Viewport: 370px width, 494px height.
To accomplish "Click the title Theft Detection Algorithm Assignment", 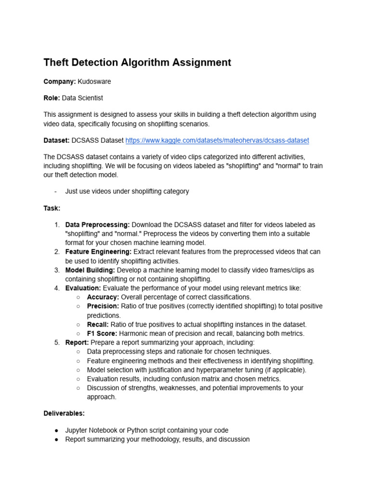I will coord(137,62).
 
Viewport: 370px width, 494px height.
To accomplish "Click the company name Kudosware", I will coord(94,82).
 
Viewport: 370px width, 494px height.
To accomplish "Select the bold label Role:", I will coord(52,98).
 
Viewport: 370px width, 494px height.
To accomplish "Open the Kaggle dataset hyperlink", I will coord(217,140).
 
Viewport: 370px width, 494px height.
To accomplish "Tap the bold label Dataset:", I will coord(56,140).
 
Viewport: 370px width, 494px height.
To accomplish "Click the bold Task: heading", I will coord(52,208).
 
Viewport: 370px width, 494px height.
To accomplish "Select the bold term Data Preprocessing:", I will coord(97,225).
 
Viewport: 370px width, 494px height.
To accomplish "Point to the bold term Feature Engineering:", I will coord(98,252).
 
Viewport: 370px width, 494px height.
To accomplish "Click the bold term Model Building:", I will coord(90,270).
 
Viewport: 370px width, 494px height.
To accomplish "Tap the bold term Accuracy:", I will coord(103,297).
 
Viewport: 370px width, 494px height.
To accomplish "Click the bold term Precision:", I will coord(103,306).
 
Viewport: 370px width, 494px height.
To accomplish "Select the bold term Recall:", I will coord(98,325).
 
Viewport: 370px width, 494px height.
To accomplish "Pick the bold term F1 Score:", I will coord(102,333).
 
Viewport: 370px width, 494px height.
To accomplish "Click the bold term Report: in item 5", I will coord(78,343).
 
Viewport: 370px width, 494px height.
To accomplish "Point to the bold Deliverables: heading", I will coord(64,413).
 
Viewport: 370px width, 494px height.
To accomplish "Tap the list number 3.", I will coord(56,270).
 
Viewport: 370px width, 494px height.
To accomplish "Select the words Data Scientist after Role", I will coord(82,98).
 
